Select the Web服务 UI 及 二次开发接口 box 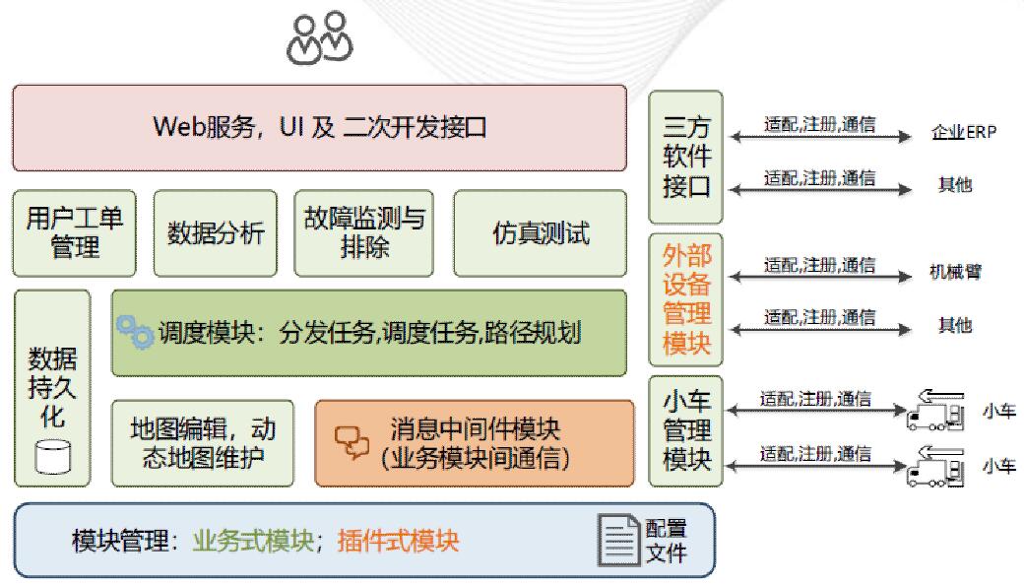pos(319,128)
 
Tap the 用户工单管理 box pos(75,233)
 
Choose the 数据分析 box pos(216,233)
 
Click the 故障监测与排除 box pos(363,233)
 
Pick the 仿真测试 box pos(541,233)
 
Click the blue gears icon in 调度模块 pos(135,331)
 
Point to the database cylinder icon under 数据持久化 pos(52,456)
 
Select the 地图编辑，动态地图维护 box pos(203,443)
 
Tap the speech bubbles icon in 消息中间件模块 pos(352,442)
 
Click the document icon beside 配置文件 pos(618,540)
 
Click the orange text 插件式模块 pos(399,541)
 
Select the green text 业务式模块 pos(253,541)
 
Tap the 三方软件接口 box pos(685,157)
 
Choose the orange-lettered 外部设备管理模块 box pos(685,299)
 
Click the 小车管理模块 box pos(685,431)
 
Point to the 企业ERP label pos(964,132)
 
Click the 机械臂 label pos(955,272)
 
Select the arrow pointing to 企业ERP pos(820,137)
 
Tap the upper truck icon pos(935,410)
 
